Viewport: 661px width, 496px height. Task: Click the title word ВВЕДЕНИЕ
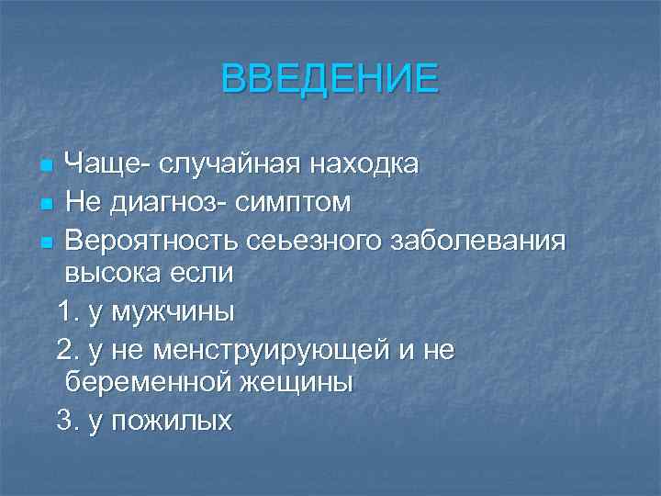[x=330, y=79]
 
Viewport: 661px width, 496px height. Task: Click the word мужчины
[x=173, y=312]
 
